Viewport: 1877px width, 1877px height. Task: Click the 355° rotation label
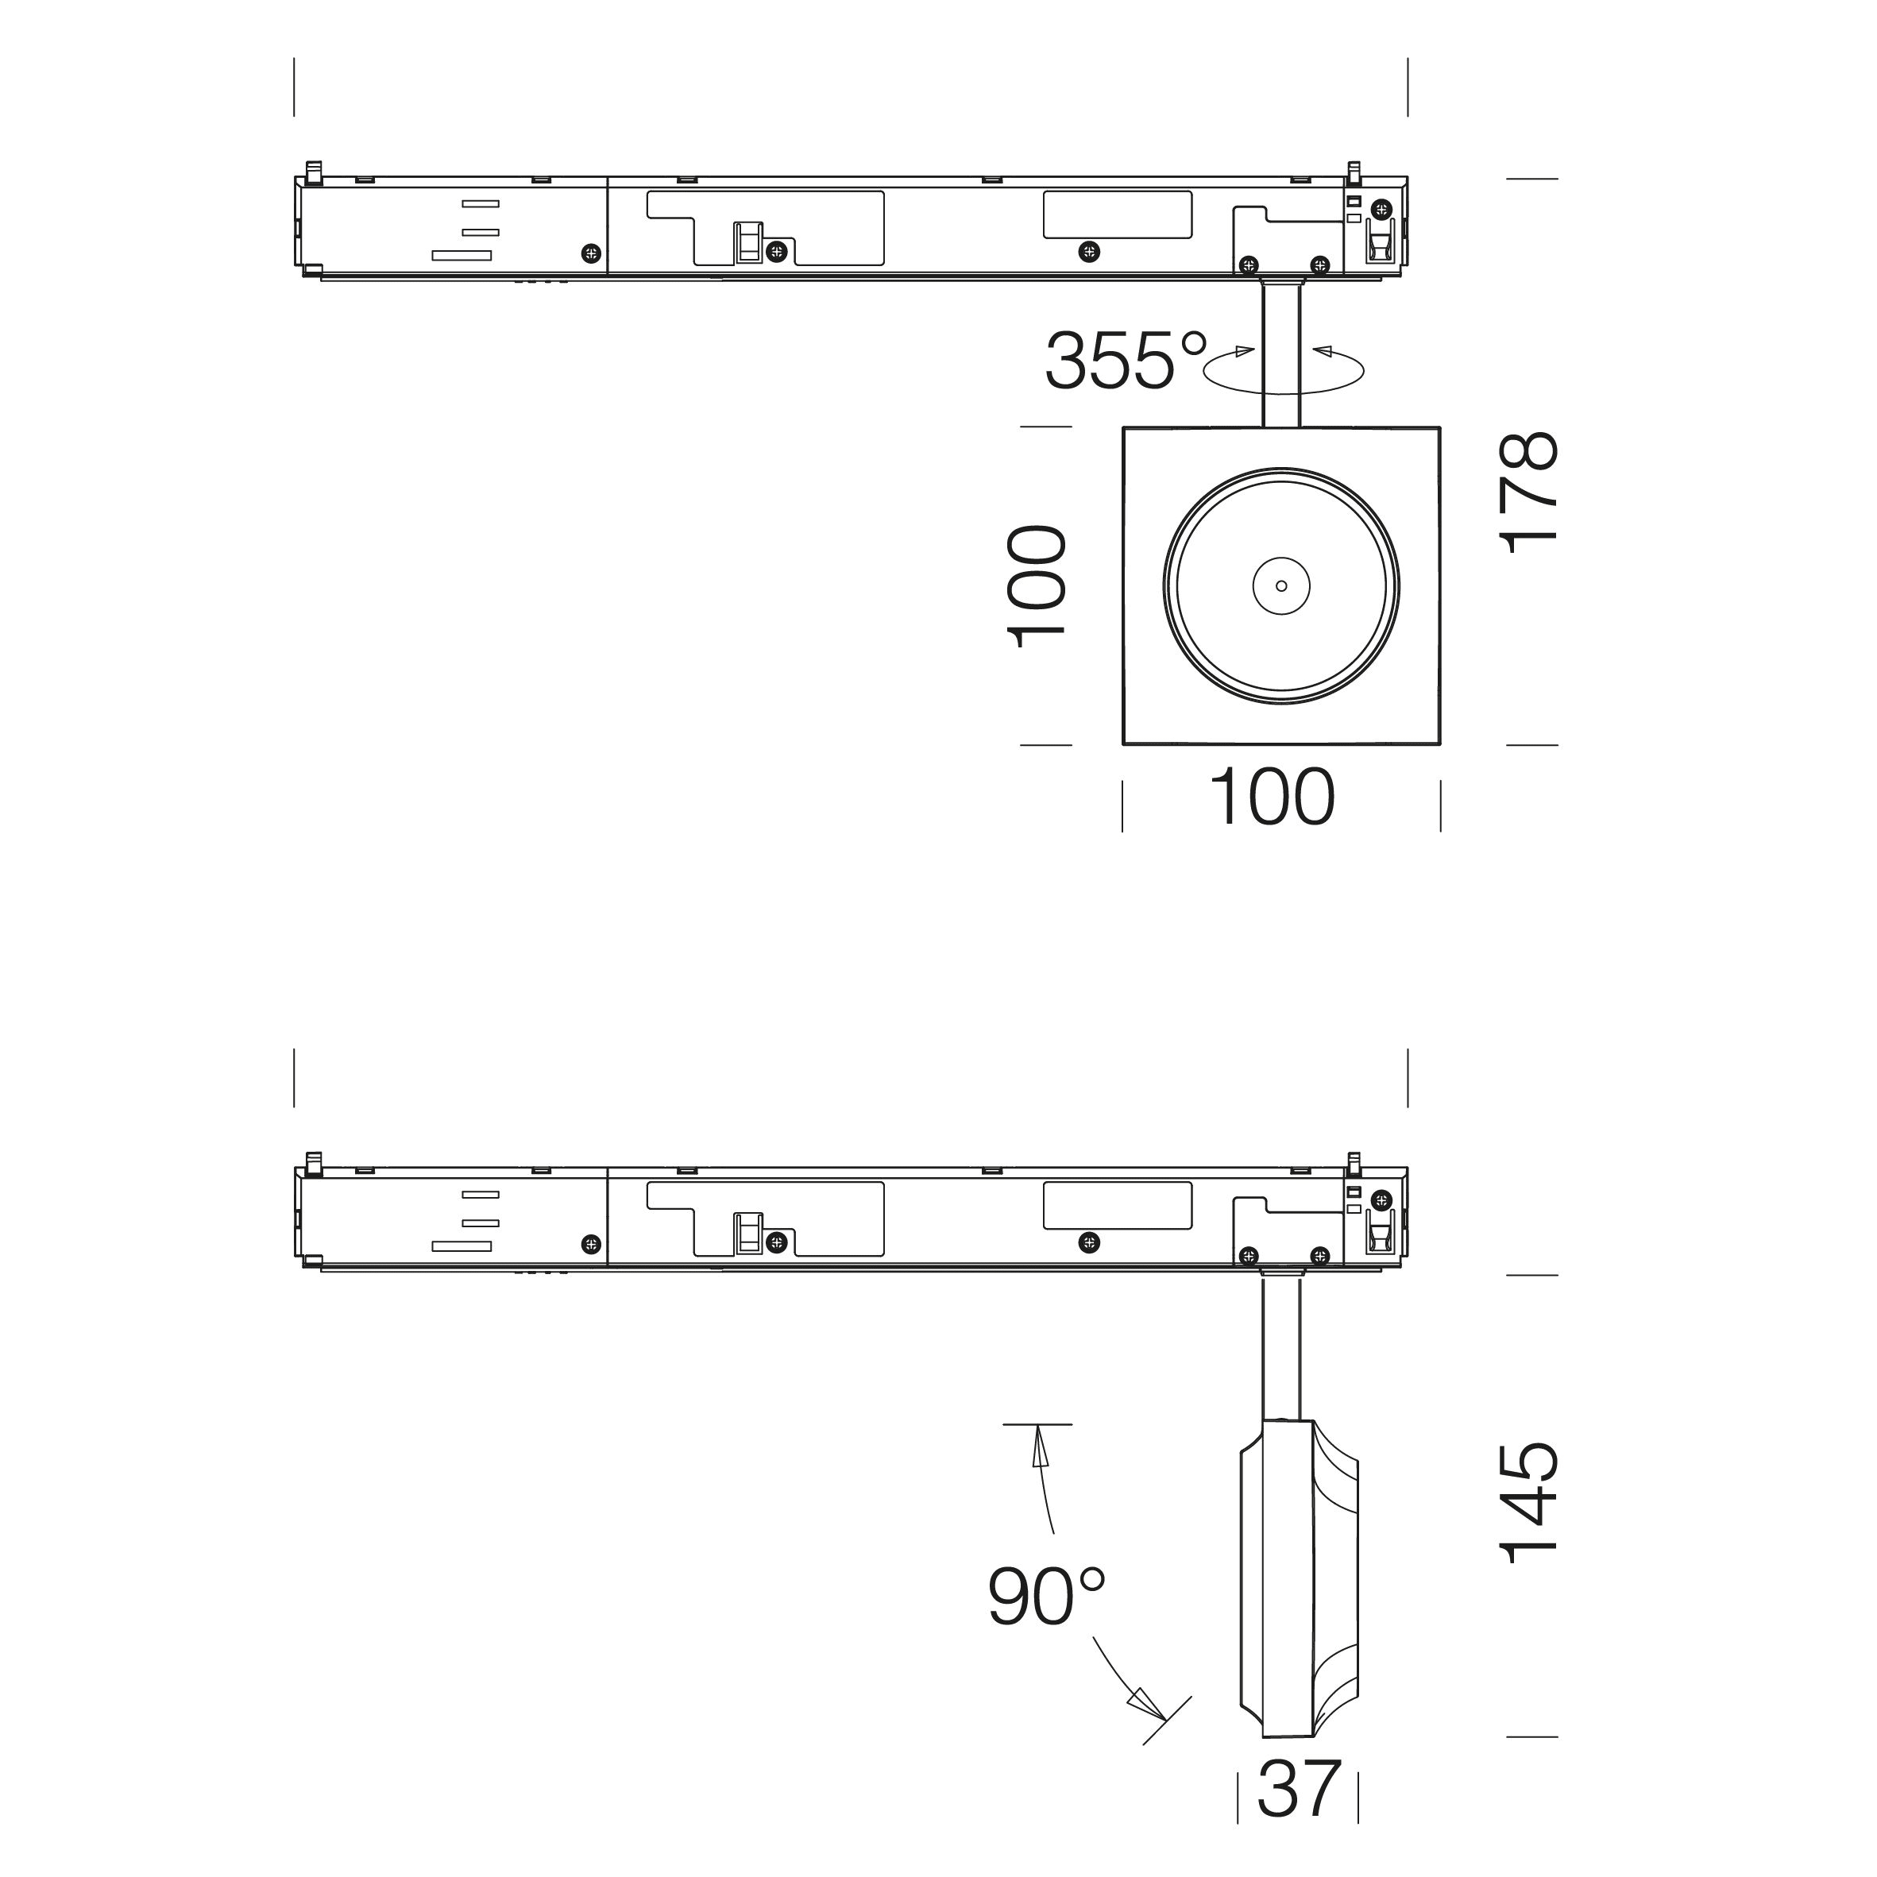(x=1126, y=361)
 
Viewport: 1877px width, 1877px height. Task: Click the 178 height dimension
(x=1530, y=492)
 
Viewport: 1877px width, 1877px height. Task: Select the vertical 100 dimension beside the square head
(x=1037, y=588)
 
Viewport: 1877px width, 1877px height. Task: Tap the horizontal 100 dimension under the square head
(x=1272, y=798)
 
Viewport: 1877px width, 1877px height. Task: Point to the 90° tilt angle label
(x=1046, y=1597)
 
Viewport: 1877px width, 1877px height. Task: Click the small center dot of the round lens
(x=1281, y=586)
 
